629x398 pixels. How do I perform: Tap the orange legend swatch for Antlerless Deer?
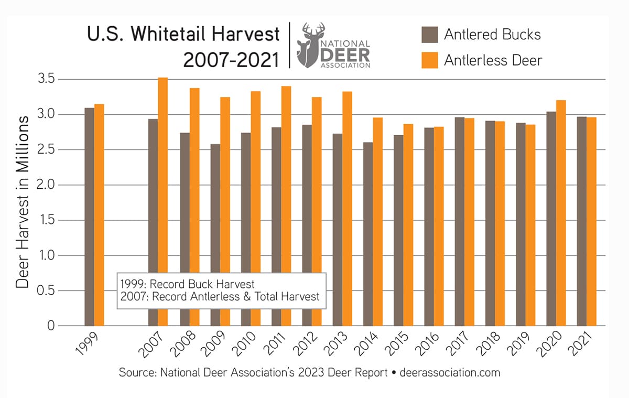coord(430,61)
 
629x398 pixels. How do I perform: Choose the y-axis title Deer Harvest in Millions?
coord(22,202)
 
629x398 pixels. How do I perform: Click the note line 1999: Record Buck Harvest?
coord(187,284)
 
